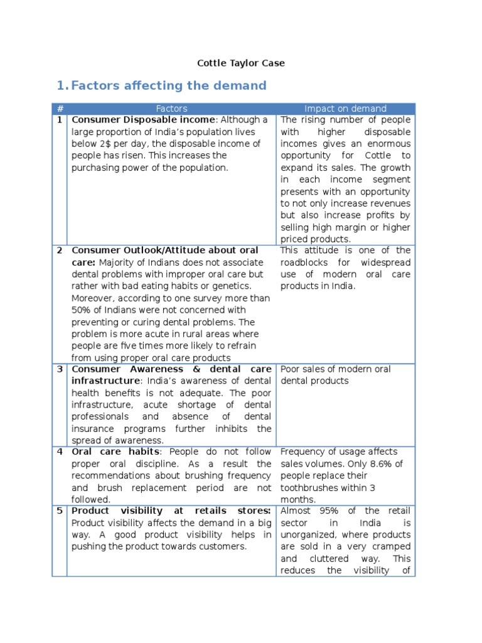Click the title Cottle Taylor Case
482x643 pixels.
[x=241, y=63]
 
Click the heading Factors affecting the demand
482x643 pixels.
[x=169, y=85]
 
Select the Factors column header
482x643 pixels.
[x=171, y=109]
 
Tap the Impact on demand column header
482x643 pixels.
[x=345, y=109]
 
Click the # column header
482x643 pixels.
[x=60, y=109]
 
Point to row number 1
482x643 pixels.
[x=60, y=120]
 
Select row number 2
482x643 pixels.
[x=60, y=251]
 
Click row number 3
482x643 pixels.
[x=60, y=369]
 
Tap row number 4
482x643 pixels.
[x=60, y=452]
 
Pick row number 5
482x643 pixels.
[x=60, y=511]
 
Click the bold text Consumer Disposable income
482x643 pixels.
[x=144, y=120]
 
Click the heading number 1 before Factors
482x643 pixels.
[x=61, y=85]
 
